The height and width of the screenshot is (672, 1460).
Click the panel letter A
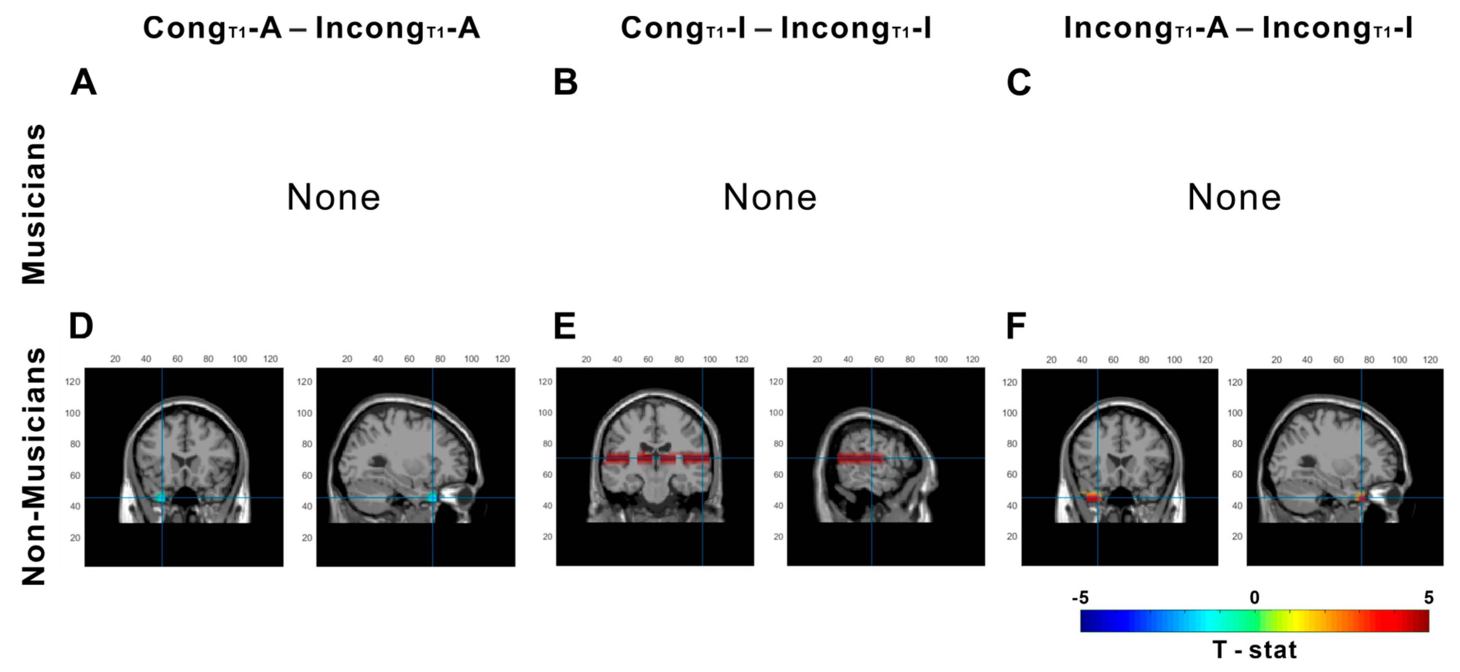83,83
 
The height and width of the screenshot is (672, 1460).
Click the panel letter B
565,83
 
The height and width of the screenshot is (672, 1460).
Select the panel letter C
1019,83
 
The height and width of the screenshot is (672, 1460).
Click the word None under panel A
333,197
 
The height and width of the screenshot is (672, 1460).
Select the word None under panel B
770,197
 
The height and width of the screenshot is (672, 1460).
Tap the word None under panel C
1234,197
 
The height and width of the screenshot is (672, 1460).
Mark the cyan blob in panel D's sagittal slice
433,497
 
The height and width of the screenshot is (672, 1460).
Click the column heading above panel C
1238,28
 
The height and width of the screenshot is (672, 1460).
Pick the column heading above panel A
311,28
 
